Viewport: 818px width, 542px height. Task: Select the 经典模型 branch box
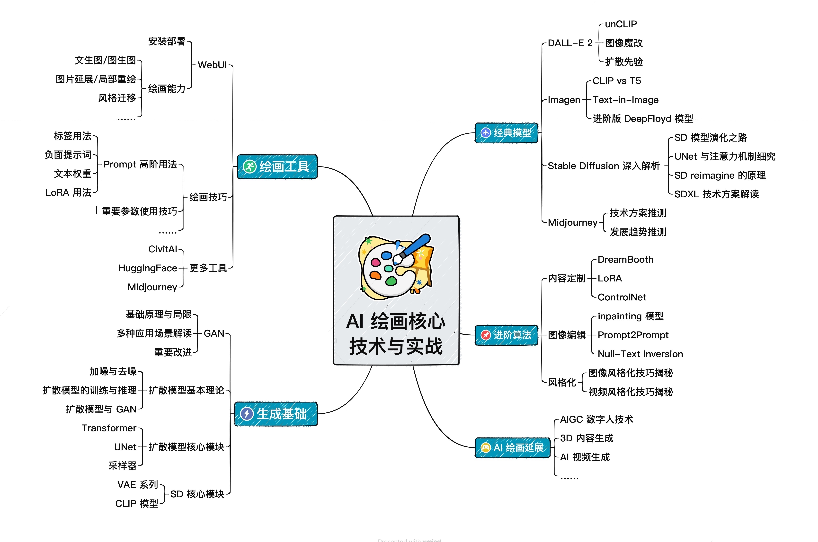[507, 133]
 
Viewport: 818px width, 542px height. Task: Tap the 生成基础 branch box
[276, 414]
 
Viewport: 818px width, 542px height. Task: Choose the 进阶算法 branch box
[507, 335]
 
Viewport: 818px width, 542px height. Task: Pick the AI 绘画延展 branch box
[512, 448]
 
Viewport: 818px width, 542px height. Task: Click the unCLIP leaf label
[621, 24]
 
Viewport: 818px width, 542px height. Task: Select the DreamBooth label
[625, 260]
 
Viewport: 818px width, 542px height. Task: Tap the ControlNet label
[622, 297]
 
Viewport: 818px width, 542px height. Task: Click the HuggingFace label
[148, 268]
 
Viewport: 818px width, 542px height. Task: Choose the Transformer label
[109, 428]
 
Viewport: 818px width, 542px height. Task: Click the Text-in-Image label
[625, 100]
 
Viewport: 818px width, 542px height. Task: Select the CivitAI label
[162, 249]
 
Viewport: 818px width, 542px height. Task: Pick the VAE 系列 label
[138, 485]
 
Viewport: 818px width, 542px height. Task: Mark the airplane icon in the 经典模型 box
[486, 133]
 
